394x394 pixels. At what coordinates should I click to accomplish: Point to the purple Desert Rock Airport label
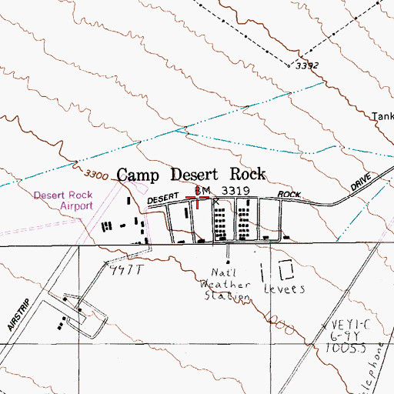[x=63, y=201]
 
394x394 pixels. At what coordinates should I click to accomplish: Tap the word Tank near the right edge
[x=382, y=117]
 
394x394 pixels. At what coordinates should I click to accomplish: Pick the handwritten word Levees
[x=285, y=290]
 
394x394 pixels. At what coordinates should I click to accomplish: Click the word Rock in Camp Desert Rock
[x=242, y=174]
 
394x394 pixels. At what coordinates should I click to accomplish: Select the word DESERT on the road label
[x=163, y=199]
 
